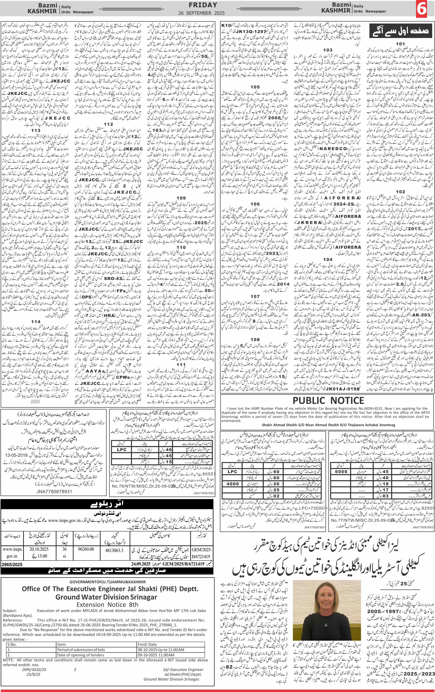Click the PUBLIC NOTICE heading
tap(328, 400)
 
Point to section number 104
tap(328, 259)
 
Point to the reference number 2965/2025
tap(12, 564)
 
